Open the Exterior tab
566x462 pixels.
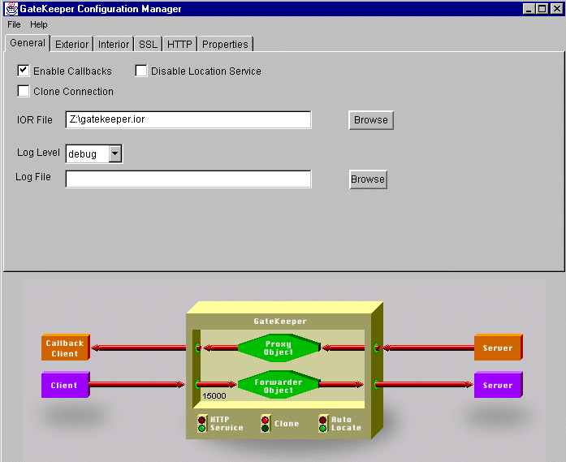coord(71,44)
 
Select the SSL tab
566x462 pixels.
coord(148,44)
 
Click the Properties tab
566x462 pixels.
coord(225,44)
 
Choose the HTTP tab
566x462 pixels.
coord(179,44)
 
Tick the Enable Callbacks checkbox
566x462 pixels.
coord(24,71)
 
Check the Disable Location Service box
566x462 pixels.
coord(141,71)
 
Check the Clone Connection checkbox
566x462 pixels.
coord(24,92)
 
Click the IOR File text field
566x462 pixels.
coord(188,119)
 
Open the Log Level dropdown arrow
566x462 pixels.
coord(114,153)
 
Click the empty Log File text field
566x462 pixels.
coord(188,179)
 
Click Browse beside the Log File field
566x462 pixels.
coord(368,179)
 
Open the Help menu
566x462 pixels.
coord(39,25)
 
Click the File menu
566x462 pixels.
coord(14,25)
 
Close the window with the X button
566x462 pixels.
coord(556,9)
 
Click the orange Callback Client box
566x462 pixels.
coord(64,348)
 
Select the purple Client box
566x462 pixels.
coord(64,385)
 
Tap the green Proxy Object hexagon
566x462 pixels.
coord(278,348)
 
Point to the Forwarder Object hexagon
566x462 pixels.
coord(278,385)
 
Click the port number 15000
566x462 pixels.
coord(214,396)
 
